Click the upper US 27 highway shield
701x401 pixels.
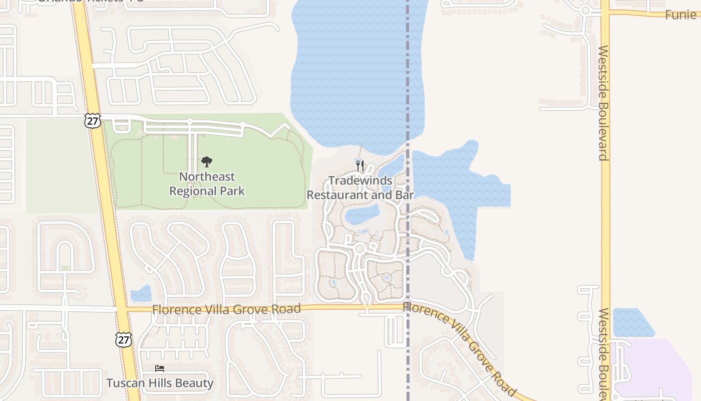click(93, 121)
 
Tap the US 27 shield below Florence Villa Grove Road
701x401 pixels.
click(123, 339)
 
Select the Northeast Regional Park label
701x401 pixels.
click(207, 184)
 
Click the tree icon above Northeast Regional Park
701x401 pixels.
click(207, 161)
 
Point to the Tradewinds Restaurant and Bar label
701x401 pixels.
click(360, 188)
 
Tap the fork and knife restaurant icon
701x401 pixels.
click(360, 165)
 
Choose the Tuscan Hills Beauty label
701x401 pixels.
click(160, 383)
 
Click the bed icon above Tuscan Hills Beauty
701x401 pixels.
click(160, 369)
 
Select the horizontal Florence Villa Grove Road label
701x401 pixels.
click(226, 309)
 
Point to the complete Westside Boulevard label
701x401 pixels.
click(603, 103)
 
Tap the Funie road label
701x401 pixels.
click(680, 15)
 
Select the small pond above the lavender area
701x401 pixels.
click(632, 322)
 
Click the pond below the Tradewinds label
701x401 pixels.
click(362, 215)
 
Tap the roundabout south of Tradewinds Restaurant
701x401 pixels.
click(359, 248)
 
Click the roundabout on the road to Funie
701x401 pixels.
click(585, 10)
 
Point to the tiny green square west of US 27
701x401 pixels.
click(65, 268)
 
